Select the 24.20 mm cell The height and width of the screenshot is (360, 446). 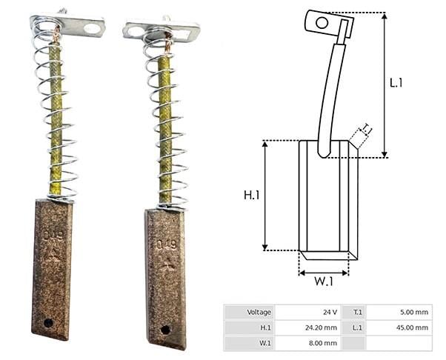point(308,327)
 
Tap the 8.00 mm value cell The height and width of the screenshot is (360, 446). point(308,343)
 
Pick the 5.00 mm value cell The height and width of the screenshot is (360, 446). point(399,313)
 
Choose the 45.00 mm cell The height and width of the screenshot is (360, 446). point(399,327)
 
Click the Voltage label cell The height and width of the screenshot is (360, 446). point(250,313)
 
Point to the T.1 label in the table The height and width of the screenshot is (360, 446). point(358,313)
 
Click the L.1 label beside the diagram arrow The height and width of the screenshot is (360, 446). point(396,83)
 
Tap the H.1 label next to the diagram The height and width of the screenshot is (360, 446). point(251,196)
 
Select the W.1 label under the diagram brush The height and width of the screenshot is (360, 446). point(324,281)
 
